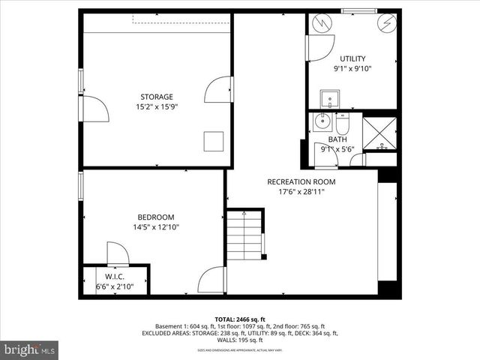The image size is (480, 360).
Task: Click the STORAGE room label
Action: point(157,97)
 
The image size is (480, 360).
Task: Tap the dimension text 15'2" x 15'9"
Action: point(157,107)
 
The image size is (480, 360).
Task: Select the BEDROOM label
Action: point(156,217)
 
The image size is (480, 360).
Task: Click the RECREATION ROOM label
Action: point(301,181)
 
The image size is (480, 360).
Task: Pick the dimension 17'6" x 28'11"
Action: point(301,192)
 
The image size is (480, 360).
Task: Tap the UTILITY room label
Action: point(352,58)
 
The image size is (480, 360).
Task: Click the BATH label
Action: point(337,139)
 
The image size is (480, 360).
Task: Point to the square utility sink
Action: point(328,98)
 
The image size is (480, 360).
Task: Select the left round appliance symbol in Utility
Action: point(321,23)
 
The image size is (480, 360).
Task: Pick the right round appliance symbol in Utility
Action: point(387,23)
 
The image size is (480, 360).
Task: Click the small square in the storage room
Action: point(214,140)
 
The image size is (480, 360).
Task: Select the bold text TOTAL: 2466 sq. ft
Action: point(240,319)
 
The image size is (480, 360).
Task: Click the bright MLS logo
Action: point(30,349)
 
